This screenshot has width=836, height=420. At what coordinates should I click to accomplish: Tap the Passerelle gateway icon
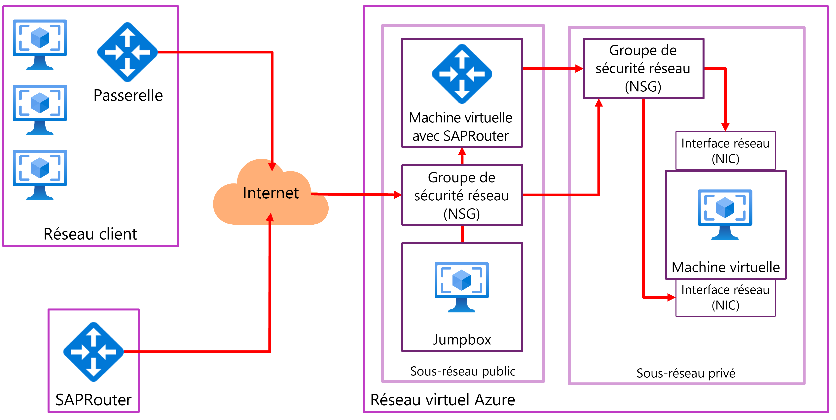(x=127, y=52)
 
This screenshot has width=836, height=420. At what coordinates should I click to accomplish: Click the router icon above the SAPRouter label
(x=93, y=352)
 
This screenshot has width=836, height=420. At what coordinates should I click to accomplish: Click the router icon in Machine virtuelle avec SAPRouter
(x=462, y=74)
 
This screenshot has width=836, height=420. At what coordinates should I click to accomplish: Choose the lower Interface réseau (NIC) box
(x=725, y=297)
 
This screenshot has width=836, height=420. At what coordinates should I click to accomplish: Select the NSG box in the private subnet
(x=643, y=68)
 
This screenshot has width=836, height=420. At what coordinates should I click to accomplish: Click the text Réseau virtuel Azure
(x=443, y=400)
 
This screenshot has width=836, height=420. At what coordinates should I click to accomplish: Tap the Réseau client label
(x=90, y=234)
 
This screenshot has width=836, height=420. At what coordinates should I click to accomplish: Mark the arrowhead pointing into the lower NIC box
(x=671, y=297)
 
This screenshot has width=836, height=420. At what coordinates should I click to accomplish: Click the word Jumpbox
(x=462, y=339)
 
